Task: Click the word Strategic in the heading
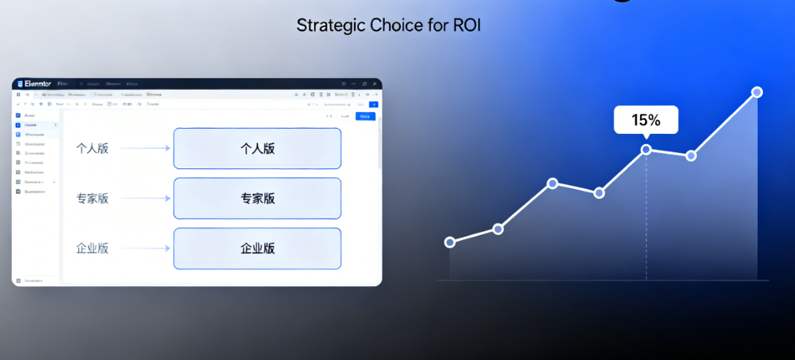(x=327, y=25)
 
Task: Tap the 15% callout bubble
(x=646, y=119)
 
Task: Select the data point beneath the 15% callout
(x=647, y=149)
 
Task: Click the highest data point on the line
(x=757, y=92)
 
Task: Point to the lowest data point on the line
(x=450, y=242)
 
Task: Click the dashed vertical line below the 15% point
(x=647, y=220)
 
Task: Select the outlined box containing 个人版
(x=257, y=149)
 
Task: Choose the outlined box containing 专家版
(x=257, y=198)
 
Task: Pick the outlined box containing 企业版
(x=257, y=248)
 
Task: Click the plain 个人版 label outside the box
(x=92, y=149)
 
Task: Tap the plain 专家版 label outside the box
(x=92, y=198)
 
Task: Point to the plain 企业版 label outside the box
(x=92, y=248)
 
